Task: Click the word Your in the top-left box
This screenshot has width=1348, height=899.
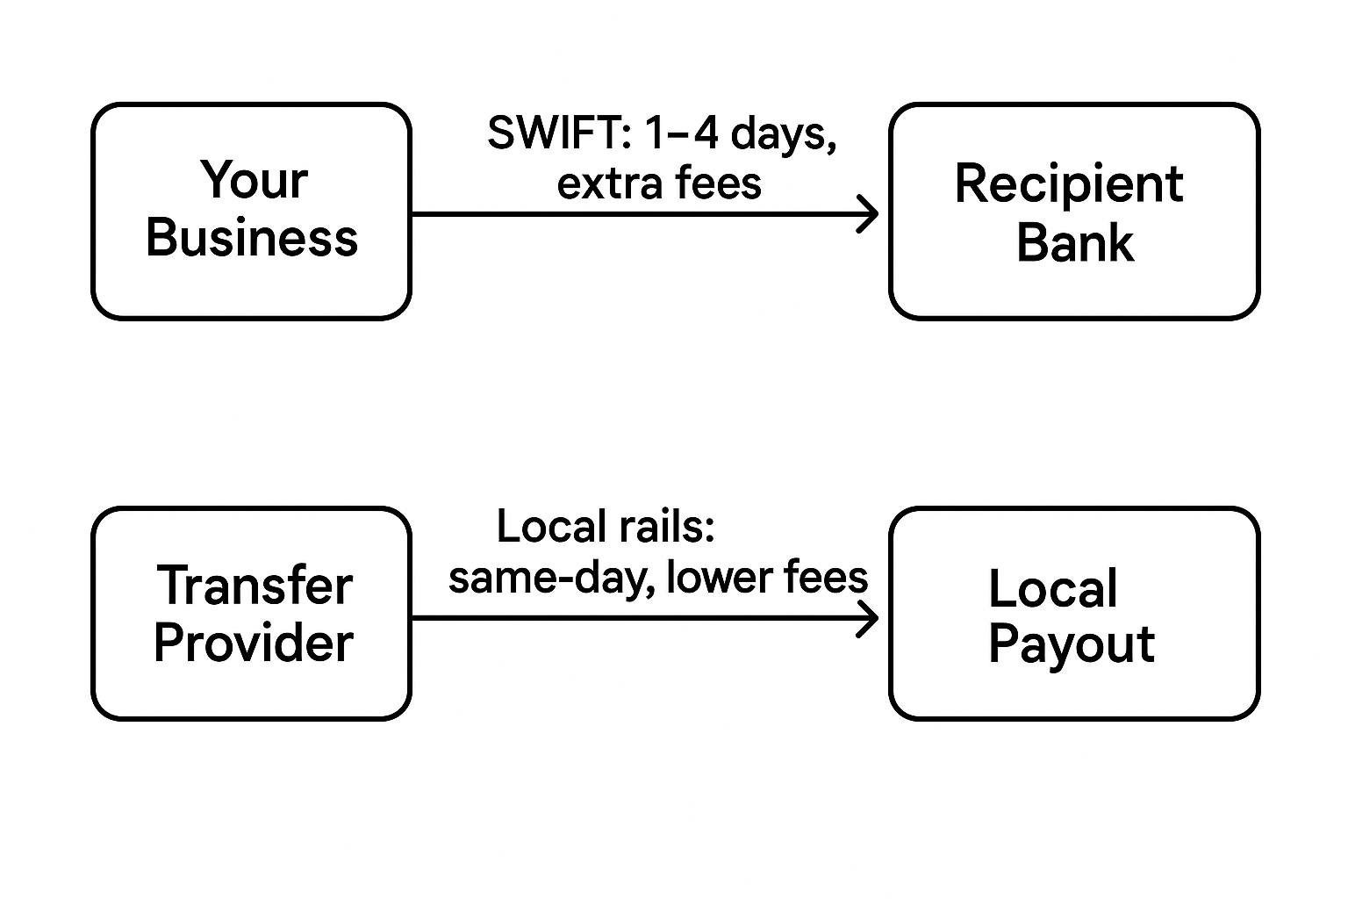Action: click(x=253, y=181)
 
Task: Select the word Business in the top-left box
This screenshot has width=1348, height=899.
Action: click(x=252, y=238)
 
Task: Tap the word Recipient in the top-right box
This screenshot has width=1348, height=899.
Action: click(x=1068, y=185)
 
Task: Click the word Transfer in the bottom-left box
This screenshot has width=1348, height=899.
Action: click(x=255, y=586)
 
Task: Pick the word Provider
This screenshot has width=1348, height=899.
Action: click(x=253, y=644)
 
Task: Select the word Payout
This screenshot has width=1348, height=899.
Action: click(x=1071, y=645)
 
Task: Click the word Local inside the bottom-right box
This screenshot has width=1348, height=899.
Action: click(x=1052, y=588)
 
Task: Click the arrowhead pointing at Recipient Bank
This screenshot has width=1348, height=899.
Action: click(x=869, y=214)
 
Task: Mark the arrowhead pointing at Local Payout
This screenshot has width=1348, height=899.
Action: click(x=869, y=618)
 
